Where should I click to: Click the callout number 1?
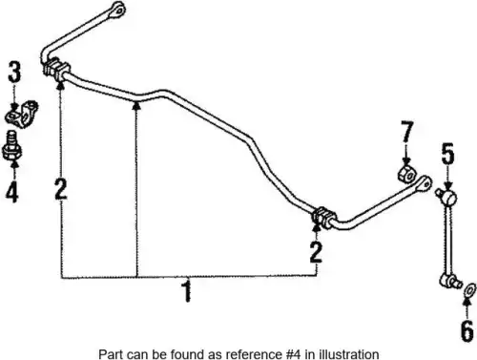pyautogui.click(x=187, y=291)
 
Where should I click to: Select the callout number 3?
pyautogui.click(x=14, y=72)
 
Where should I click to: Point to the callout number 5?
pyautogui.click(x=447, y=154)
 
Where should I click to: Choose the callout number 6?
pyautogui.click(x=467, y=331)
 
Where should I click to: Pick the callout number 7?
pyautogui.click(x=407, y=132)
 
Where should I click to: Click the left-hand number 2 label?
pyautogui.click(x=60, y=188)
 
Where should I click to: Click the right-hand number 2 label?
pyautogui.click(x=316, y=252)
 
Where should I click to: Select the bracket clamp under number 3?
pyautogui.click(x=21, y=115)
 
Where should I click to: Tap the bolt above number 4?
pyautogui.click(x=11, y=146)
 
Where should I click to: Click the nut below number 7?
pyautogui.click(x=406, y=175)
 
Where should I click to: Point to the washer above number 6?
pyautogui.click(x=469, y=290)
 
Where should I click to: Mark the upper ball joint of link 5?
pyautogui.click(x=447, y=197)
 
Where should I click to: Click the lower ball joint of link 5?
pyautogui.click(x=450, y=281)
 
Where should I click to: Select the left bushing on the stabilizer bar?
pyautogui.click(x=56, y=70)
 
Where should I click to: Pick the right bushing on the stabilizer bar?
pyautogui.click(x=324, y=218)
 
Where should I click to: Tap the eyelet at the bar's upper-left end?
pyautogui.click(x=118, y=9)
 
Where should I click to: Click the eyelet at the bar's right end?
pyautogui.click(x=425, y=183)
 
